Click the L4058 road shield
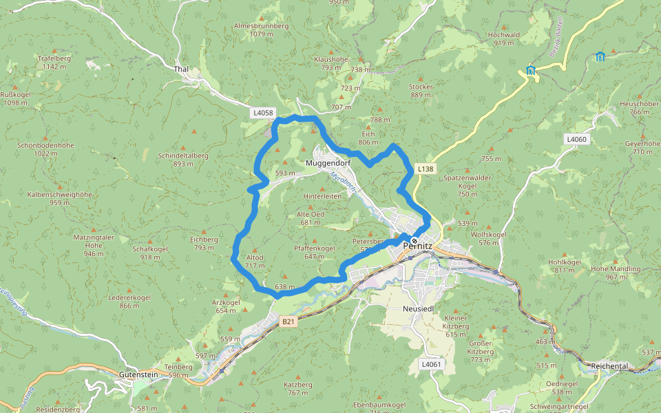coord(263,112)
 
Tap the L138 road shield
coord(426,169)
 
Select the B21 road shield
coord(288,321)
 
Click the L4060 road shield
coord(576,140)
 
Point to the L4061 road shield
coord(430,364)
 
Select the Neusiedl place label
coord(418,309)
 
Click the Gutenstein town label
coord(138,374)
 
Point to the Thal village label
coord(181,70)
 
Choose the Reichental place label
coord(609,366)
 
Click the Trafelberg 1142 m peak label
coord(55,62)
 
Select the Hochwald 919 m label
coord(503,38)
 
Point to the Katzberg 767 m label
coord(298,388)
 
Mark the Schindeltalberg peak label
coord(183,159)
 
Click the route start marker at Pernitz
coord(414,241)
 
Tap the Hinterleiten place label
coord(322,196)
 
